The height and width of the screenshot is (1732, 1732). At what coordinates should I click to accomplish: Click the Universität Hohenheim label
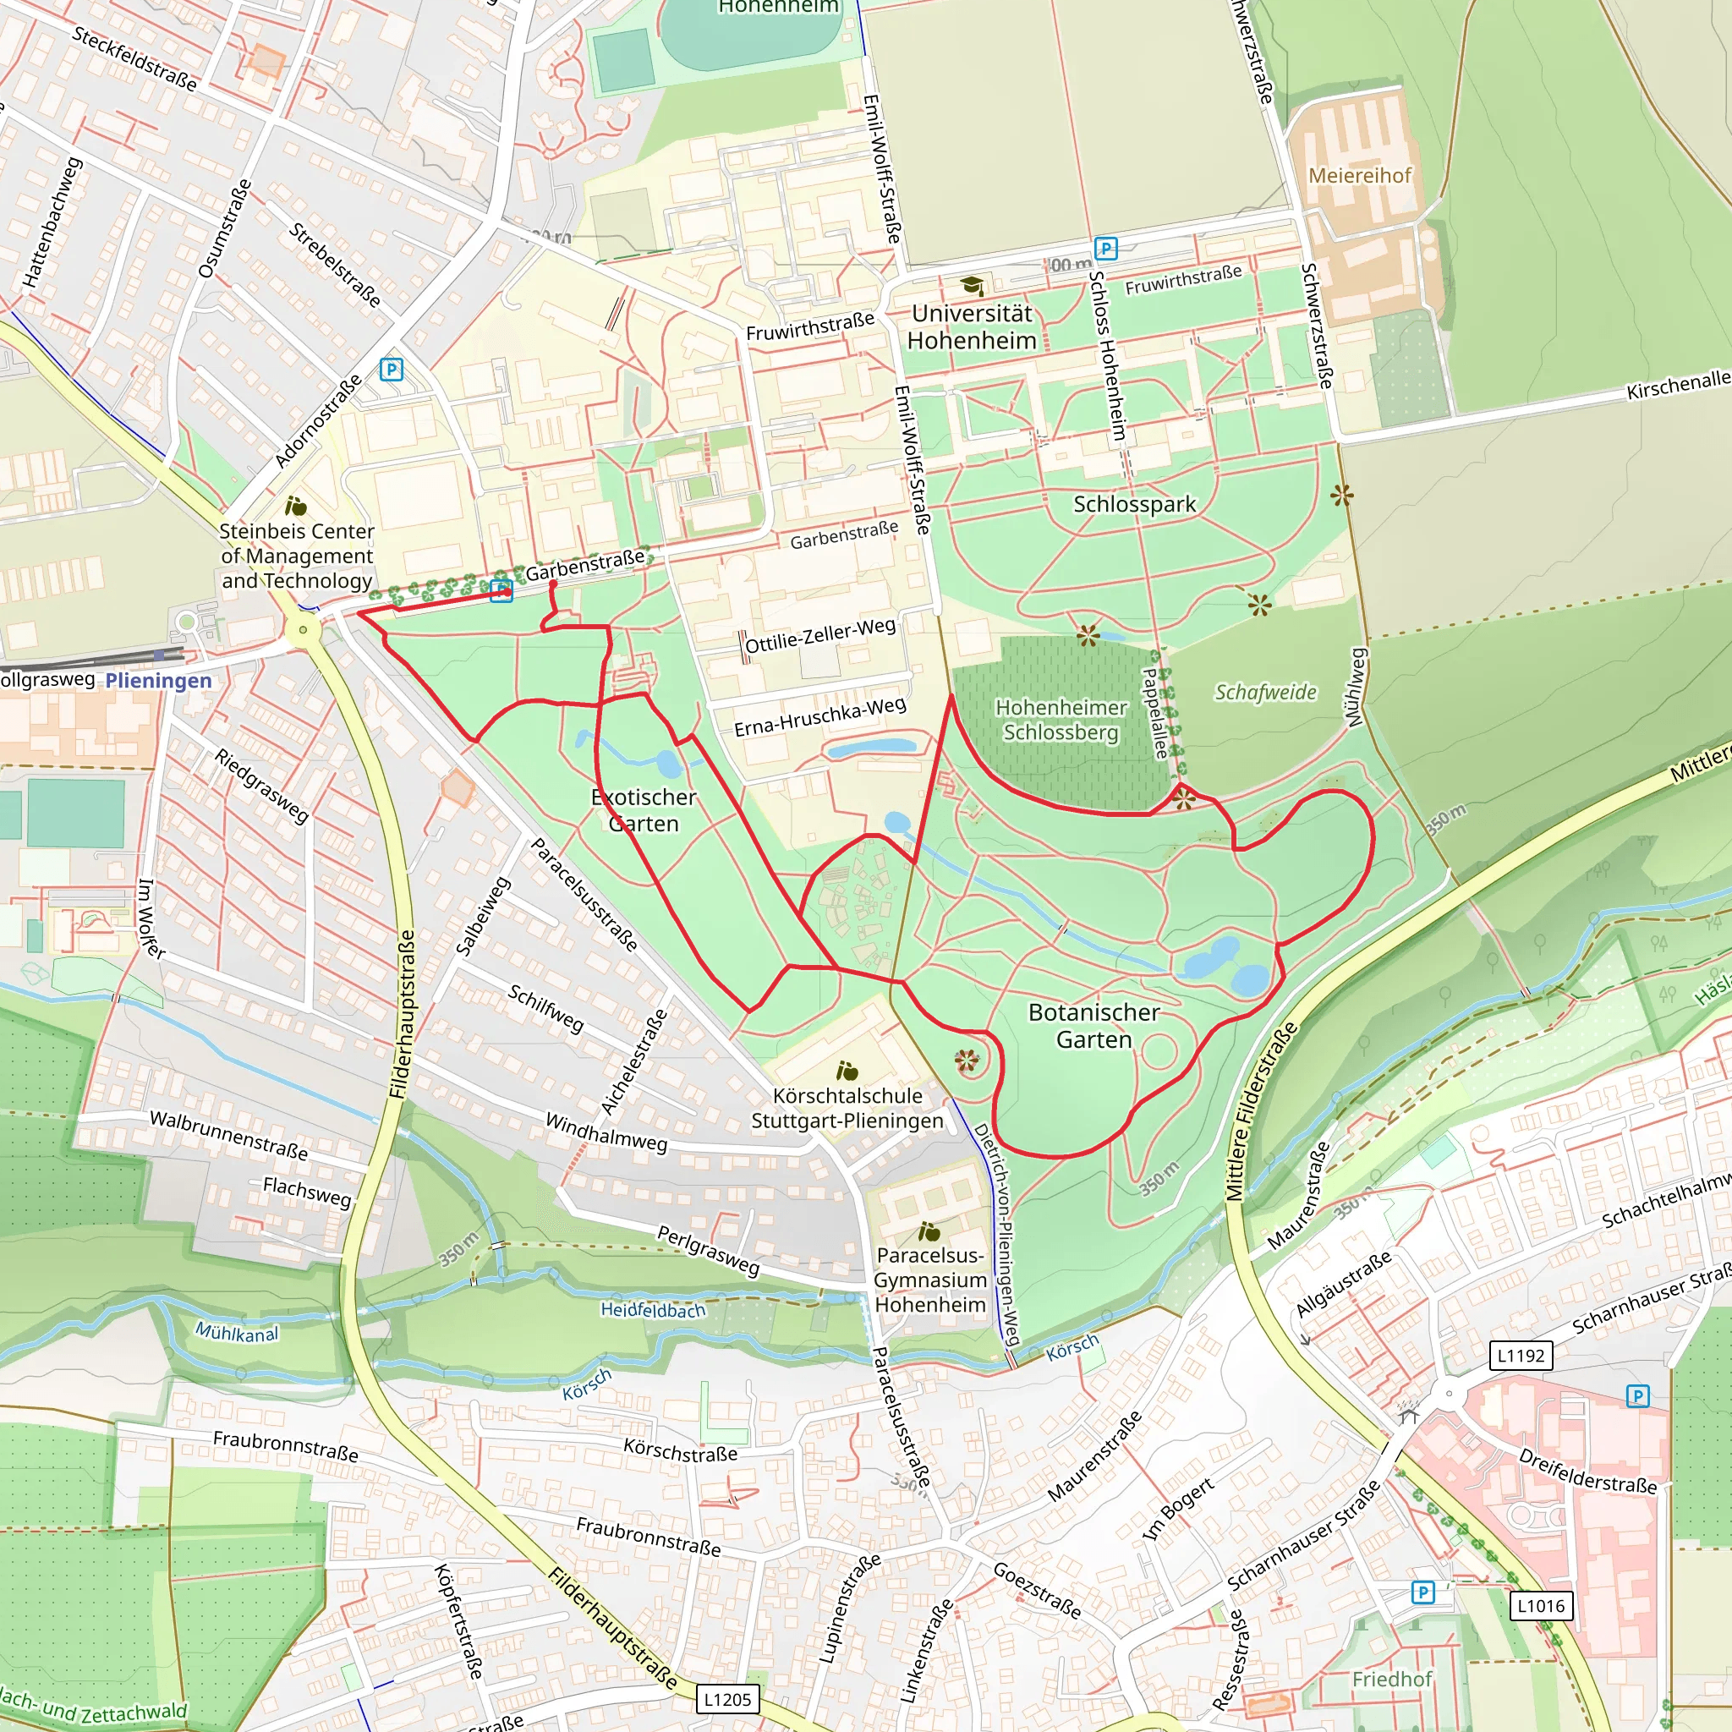972,327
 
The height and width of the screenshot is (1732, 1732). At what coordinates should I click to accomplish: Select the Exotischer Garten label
643,809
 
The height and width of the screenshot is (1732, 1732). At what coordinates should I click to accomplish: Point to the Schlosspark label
1134,504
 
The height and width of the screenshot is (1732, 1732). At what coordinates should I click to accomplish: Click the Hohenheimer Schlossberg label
1061,720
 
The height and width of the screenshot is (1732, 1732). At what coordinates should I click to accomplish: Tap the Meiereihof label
1359,176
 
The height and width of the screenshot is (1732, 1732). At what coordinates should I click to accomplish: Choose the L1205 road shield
727,1699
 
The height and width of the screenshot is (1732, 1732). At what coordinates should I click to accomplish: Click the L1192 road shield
1521,1355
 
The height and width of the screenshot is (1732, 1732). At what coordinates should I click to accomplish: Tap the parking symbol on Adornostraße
391,370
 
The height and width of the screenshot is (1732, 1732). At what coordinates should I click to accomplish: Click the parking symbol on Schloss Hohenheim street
1105,249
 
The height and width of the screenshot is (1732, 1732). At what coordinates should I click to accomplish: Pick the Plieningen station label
159,681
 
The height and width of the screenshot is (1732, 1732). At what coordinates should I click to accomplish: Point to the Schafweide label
1265,692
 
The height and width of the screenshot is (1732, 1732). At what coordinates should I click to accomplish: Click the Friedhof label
1391,1679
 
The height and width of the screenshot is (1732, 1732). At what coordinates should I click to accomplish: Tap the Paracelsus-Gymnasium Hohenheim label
929,1280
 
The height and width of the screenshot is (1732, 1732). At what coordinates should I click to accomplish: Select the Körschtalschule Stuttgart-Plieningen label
847,1108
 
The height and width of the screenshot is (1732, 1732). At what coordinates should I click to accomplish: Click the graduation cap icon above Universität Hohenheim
972,286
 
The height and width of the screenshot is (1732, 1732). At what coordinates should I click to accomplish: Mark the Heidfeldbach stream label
653,1310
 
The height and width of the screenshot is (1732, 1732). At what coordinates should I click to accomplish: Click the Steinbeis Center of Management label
297,556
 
